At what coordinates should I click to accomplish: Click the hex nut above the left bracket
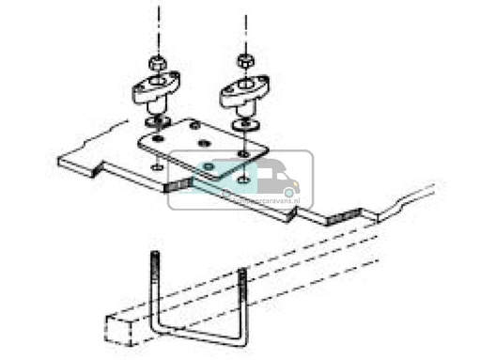click(157, 62)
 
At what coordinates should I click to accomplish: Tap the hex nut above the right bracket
click(243, 61)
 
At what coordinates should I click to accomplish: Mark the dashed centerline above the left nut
click(157, 23)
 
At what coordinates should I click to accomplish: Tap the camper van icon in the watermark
click(268, 180)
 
